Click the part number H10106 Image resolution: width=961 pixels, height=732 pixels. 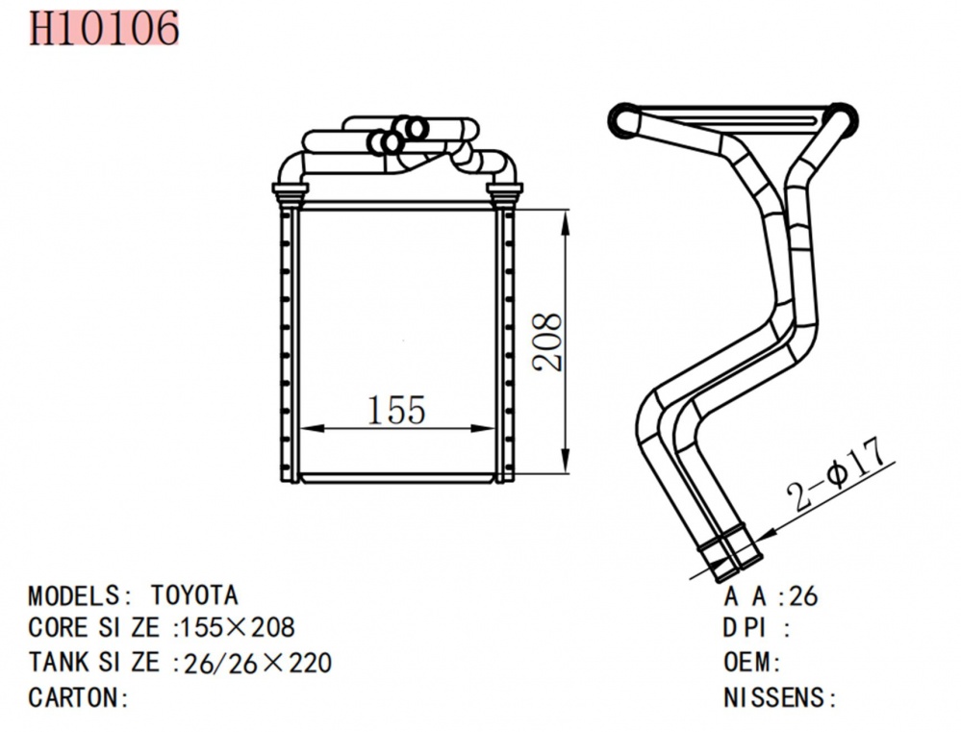coord(104,28)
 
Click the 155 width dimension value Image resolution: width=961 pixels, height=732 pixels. coord(395,411)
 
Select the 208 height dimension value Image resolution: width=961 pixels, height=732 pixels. coord(546,342)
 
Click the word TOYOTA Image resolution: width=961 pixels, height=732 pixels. coord(193,595)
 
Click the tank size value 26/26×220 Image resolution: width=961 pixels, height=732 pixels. coord(254,662)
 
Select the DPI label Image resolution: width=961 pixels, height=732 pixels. coord(746,629)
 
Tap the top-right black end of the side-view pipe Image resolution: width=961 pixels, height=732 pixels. coord(843,115)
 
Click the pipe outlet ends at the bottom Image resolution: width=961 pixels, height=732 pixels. coord(729,560)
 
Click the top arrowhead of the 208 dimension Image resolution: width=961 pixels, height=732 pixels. coord(565,213)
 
